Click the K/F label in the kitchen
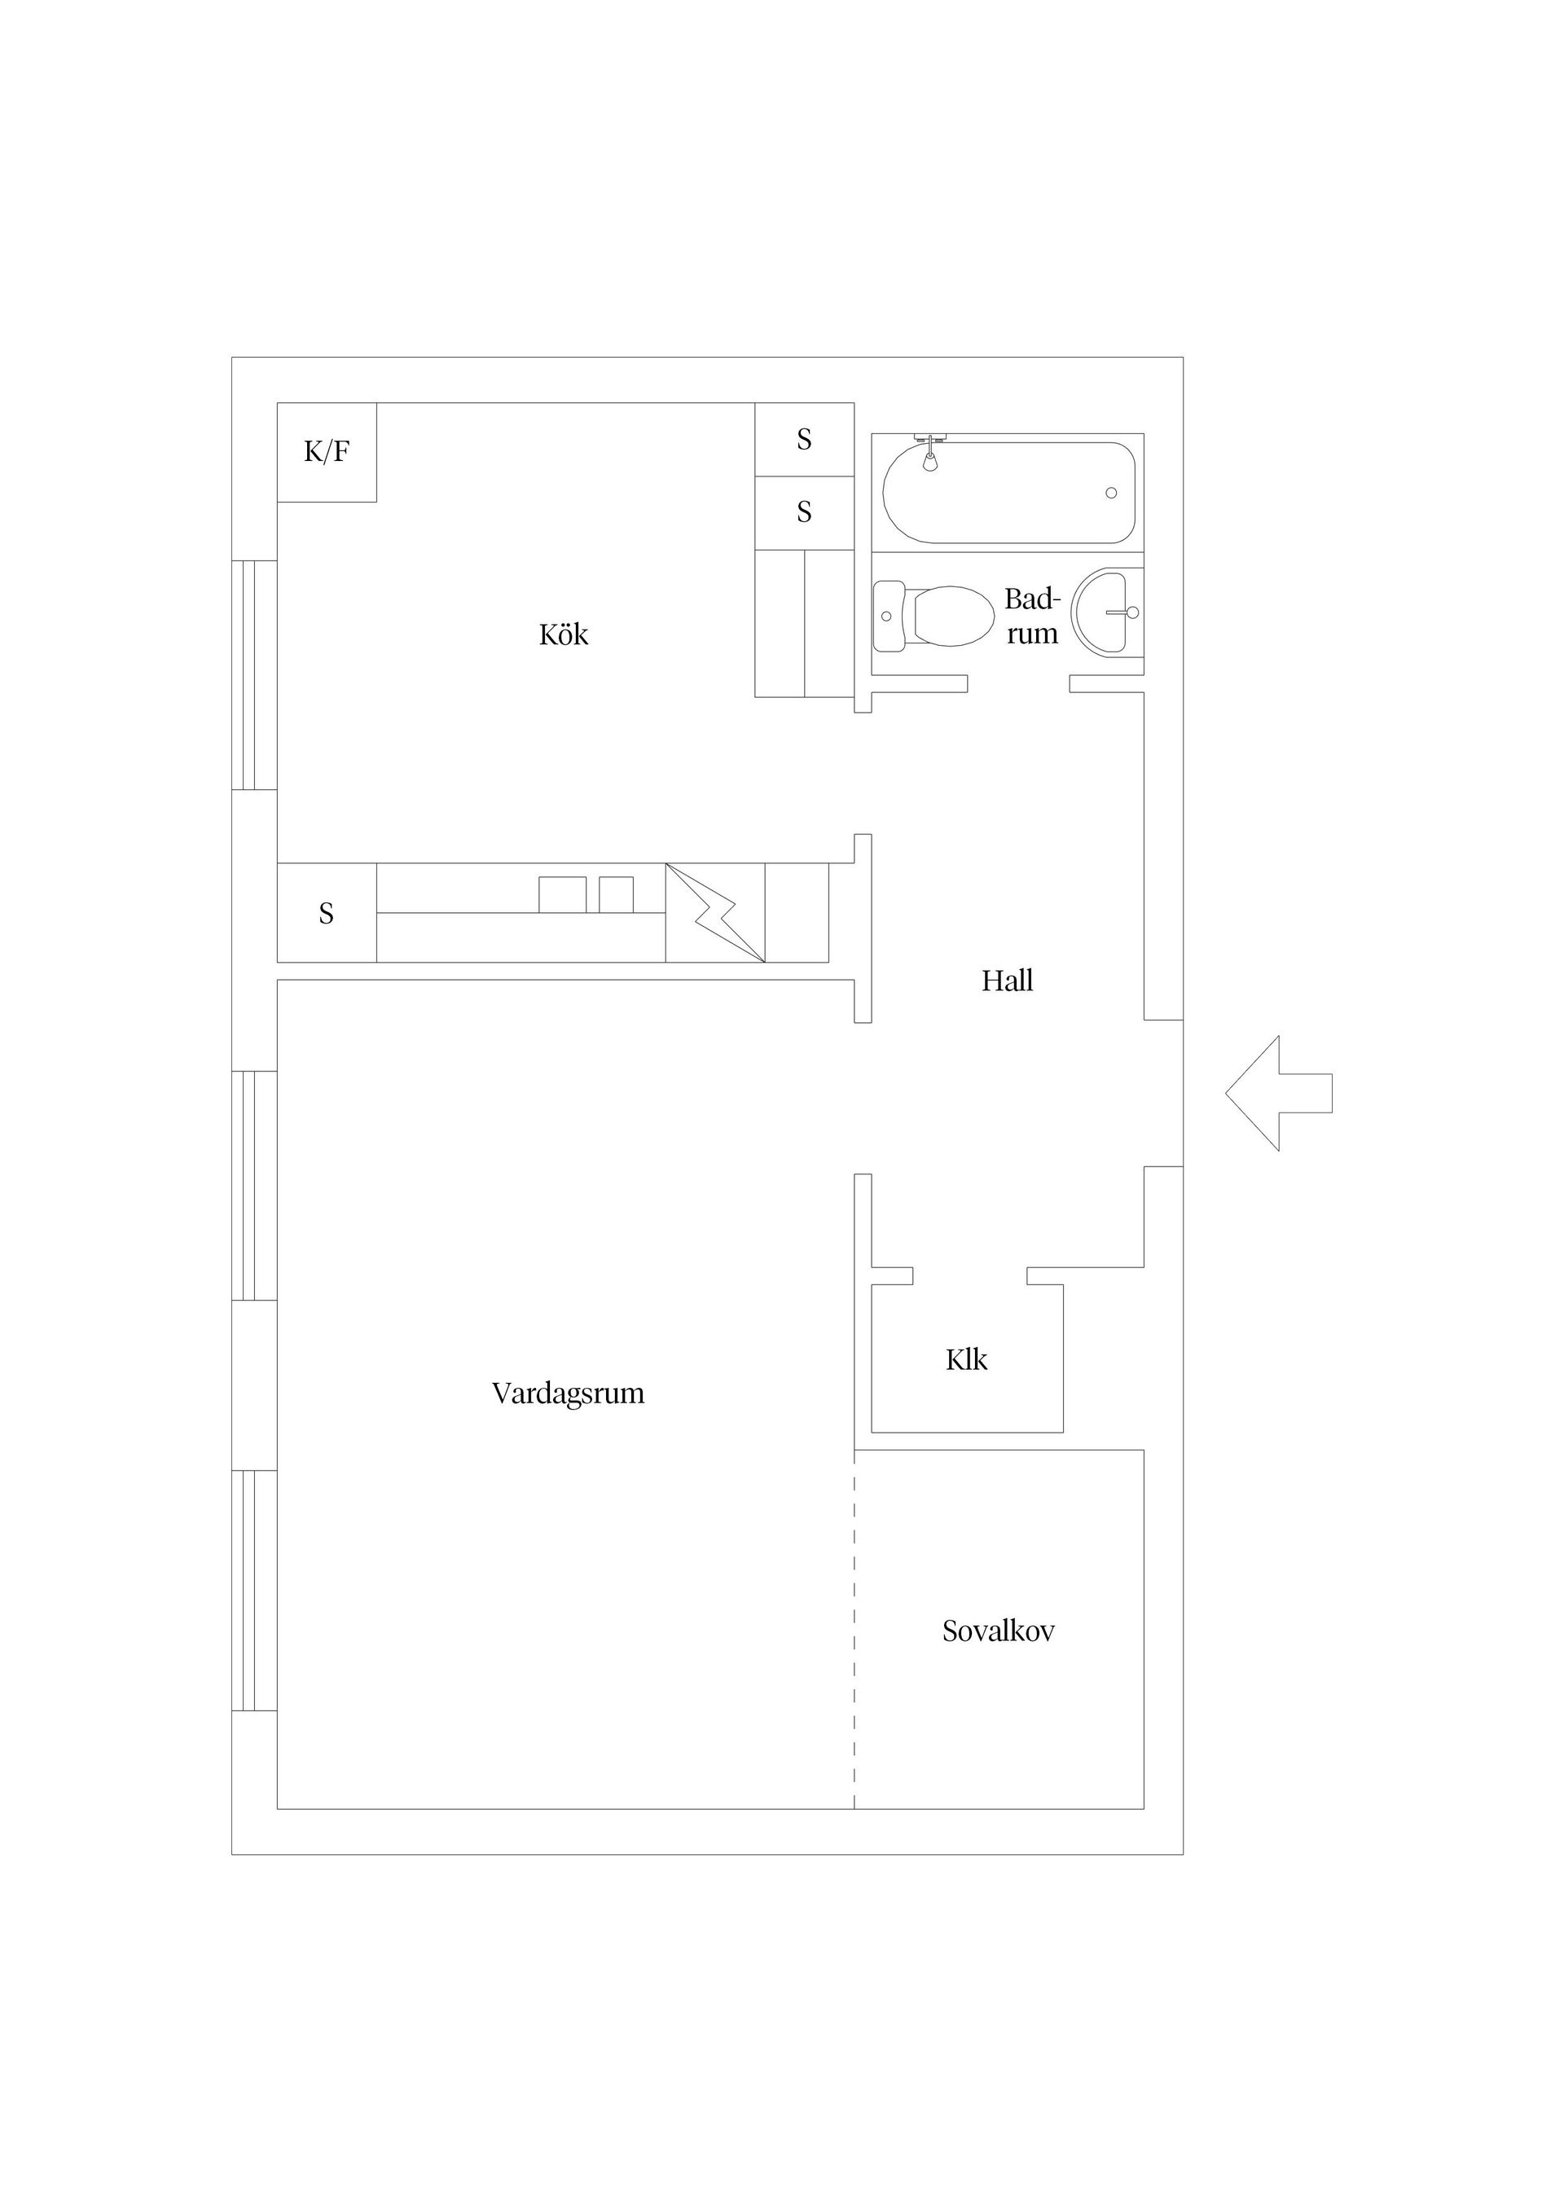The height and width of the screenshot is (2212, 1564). (x=327, y=451)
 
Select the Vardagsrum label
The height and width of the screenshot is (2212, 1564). (x=568, y=1393)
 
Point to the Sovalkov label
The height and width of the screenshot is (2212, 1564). (x=999, y=1631)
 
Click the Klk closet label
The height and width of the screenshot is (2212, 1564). (x=967, y=1359)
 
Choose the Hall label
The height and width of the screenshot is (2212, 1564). (x=1007, y=981)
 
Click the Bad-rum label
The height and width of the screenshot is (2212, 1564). (x=1032, y=617)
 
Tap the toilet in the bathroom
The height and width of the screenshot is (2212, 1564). (x=933, y=616)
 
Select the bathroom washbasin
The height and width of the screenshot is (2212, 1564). (x=1107, y=612)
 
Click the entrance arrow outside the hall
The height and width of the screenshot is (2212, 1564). (x=1279, y=1094)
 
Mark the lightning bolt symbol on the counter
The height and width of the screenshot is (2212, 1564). (x=715, y=912)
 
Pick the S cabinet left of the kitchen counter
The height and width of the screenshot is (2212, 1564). (x=327, y=912)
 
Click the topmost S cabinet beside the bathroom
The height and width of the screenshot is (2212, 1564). (x=804, y=439)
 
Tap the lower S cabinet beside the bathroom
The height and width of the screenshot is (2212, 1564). (x=804, y=512)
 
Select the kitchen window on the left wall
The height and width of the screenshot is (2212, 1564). (x=254, y=674)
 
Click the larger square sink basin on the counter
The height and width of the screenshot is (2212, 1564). (x=563, y=895)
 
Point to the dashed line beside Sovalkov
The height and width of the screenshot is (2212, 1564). (x=854, y=1629)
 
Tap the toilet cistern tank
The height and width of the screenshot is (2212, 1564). (x=889, y=616)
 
